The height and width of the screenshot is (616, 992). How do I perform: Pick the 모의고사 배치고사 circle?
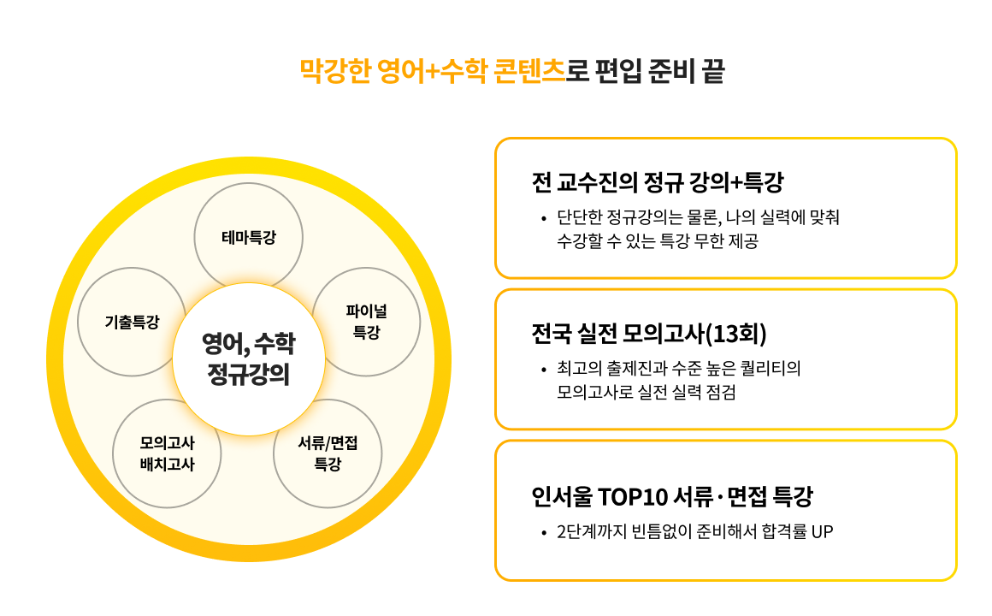tap(167, 454)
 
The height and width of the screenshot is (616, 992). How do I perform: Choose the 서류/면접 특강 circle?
tap(328, 454)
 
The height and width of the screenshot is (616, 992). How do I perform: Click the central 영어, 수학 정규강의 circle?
tap(249, 359)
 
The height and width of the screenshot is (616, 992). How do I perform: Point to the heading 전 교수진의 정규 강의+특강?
tap(658, 182)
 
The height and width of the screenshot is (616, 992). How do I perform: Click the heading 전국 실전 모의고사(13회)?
tap(649, 333)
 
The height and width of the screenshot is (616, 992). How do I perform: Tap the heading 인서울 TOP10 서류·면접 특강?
tap(672, 496)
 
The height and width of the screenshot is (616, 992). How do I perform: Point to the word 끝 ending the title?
tap(713, 71)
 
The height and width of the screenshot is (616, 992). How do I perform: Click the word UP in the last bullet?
tap(822, 532)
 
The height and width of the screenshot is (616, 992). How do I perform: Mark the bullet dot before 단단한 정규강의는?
tap(543, 219)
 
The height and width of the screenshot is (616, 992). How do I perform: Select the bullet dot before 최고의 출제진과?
tap(543, 370)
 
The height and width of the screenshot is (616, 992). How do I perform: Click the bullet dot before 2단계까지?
tap(543, 533)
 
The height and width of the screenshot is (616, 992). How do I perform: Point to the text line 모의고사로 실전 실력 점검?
tap(646, 392)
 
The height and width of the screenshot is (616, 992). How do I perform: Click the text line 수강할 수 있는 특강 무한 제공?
tap(658, 241)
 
